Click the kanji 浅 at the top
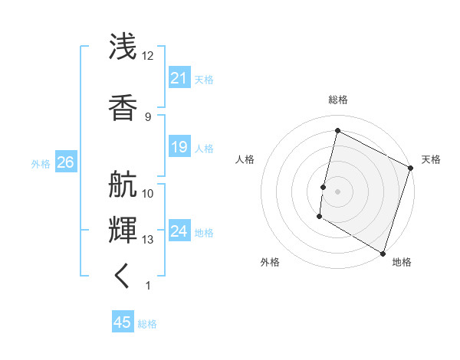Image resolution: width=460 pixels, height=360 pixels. point(123,47)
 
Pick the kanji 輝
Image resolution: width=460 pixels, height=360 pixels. point(123,228)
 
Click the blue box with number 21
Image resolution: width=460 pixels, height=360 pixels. point(179,78)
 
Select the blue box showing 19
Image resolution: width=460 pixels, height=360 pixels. point(179,147)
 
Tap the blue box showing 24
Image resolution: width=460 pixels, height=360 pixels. point(179,231)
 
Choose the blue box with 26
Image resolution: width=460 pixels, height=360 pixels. point(65,162)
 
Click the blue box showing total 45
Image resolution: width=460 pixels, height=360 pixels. point(123,322)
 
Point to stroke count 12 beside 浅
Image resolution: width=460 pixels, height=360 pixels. point(148,56)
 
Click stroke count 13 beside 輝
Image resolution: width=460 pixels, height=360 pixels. point(148,240)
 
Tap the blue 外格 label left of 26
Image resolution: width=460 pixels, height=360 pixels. point(41,163)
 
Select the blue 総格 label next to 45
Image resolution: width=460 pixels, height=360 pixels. point(147,323)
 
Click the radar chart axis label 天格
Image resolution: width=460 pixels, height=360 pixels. point(431,159)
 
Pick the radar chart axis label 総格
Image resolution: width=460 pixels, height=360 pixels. point(337,100)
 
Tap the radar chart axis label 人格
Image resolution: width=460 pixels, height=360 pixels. point(245,159)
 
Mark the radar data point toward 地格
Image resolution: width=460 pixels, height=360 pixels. point(383,253)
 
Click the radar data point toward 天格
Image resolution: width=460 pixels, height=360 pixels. point(411,168)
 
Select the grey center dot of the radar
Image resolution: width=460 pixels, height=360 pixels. point(337,191)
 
